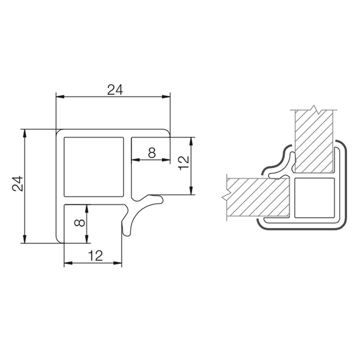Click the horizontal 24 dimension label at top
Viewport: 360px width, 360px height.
115,90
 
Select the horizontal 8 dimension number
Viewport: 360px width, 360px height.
152,153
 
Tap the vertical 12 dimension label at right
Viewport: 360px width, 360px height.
184,163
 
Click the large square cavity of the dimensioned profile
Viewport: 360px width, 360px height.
94,167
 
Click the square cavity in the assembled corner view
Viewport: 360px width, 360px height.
314,198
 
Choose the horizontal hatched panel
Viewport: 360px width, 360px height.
258,197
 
